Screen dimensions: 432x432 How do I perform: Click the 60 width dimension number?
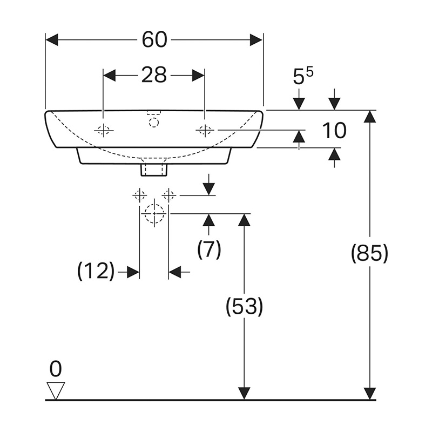(x=154, y=39)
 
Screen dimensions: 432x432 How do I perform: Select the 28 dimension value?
(x=154, y=75)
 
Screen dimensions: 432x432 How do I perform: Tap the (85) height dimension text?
(x=370, y=253)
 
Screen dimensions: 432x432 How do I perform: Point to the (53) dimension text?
(x=245, y=307)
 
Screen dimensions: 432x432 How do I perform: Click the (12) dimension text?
(x=96, y=272)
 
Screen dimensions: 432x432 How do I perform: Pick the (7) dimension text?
(x=209, y=249)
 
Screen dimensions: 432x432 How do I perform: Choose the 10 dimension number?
(x=333, y=130)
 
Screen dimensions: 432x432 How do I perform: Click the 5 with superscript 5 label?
(x=303, y=76)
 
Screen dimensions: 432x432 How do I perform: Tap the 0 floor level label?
(x=55, y=370)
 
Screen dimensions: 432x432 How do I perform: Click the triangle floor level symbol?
(x=55, y=390)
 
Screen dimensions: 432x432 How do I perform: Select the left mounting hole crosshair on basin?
(x=103, y=130)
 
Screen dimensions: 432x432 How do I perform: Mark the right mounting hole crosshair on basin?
(x=205, y=130)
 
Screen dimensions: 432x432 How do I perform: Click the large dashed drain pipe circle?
(x=154, y=213)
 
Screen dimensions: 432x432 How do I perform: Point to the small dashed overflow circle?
(x=154, y=122)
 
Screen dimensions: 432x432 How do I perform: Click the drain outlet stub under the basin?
(x=154, y=169)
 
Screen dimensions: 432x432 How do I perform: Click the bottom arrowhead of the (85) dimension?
(x=370, y=394)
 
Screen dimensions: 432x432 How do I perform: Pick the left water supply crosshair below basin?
(x=140, y=194)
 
